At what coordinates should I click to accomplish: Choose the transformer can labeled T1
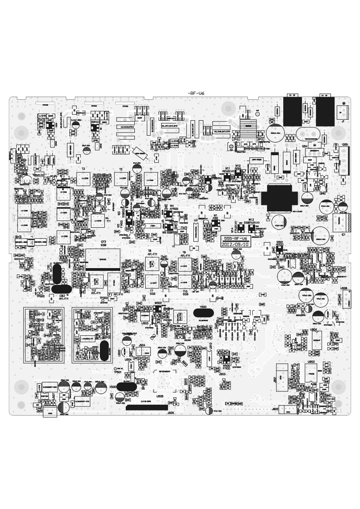(151, 180)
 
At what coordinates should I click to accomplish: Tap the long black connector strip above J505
(146, 408)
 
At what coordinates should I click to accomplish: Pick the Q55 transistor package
(345, 161)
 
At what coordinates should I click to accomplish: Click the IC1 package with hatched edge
(342, 222)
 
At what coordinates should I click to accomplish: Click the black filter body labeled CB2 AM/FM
(61, 289)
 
